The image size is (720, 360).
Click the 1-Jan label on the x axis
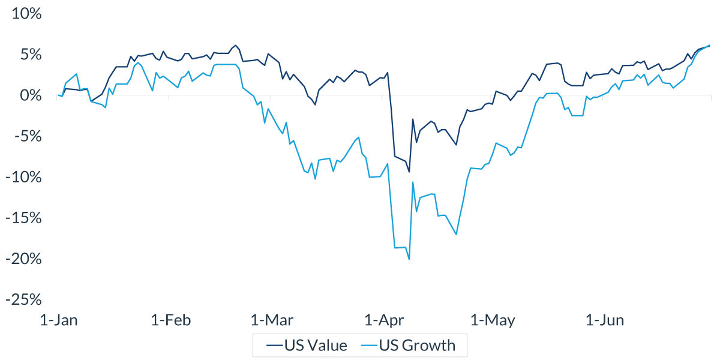[59, 320]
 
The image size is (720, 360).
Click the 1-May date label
[493, 320]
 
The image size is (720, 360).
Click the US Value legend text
[316, 346]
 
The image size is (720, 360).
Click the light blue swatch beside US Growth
[371, 346]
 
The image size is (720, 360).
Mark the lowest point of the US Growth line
[409, 259]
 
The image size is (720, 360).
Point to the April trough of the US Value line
[409, 172]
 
